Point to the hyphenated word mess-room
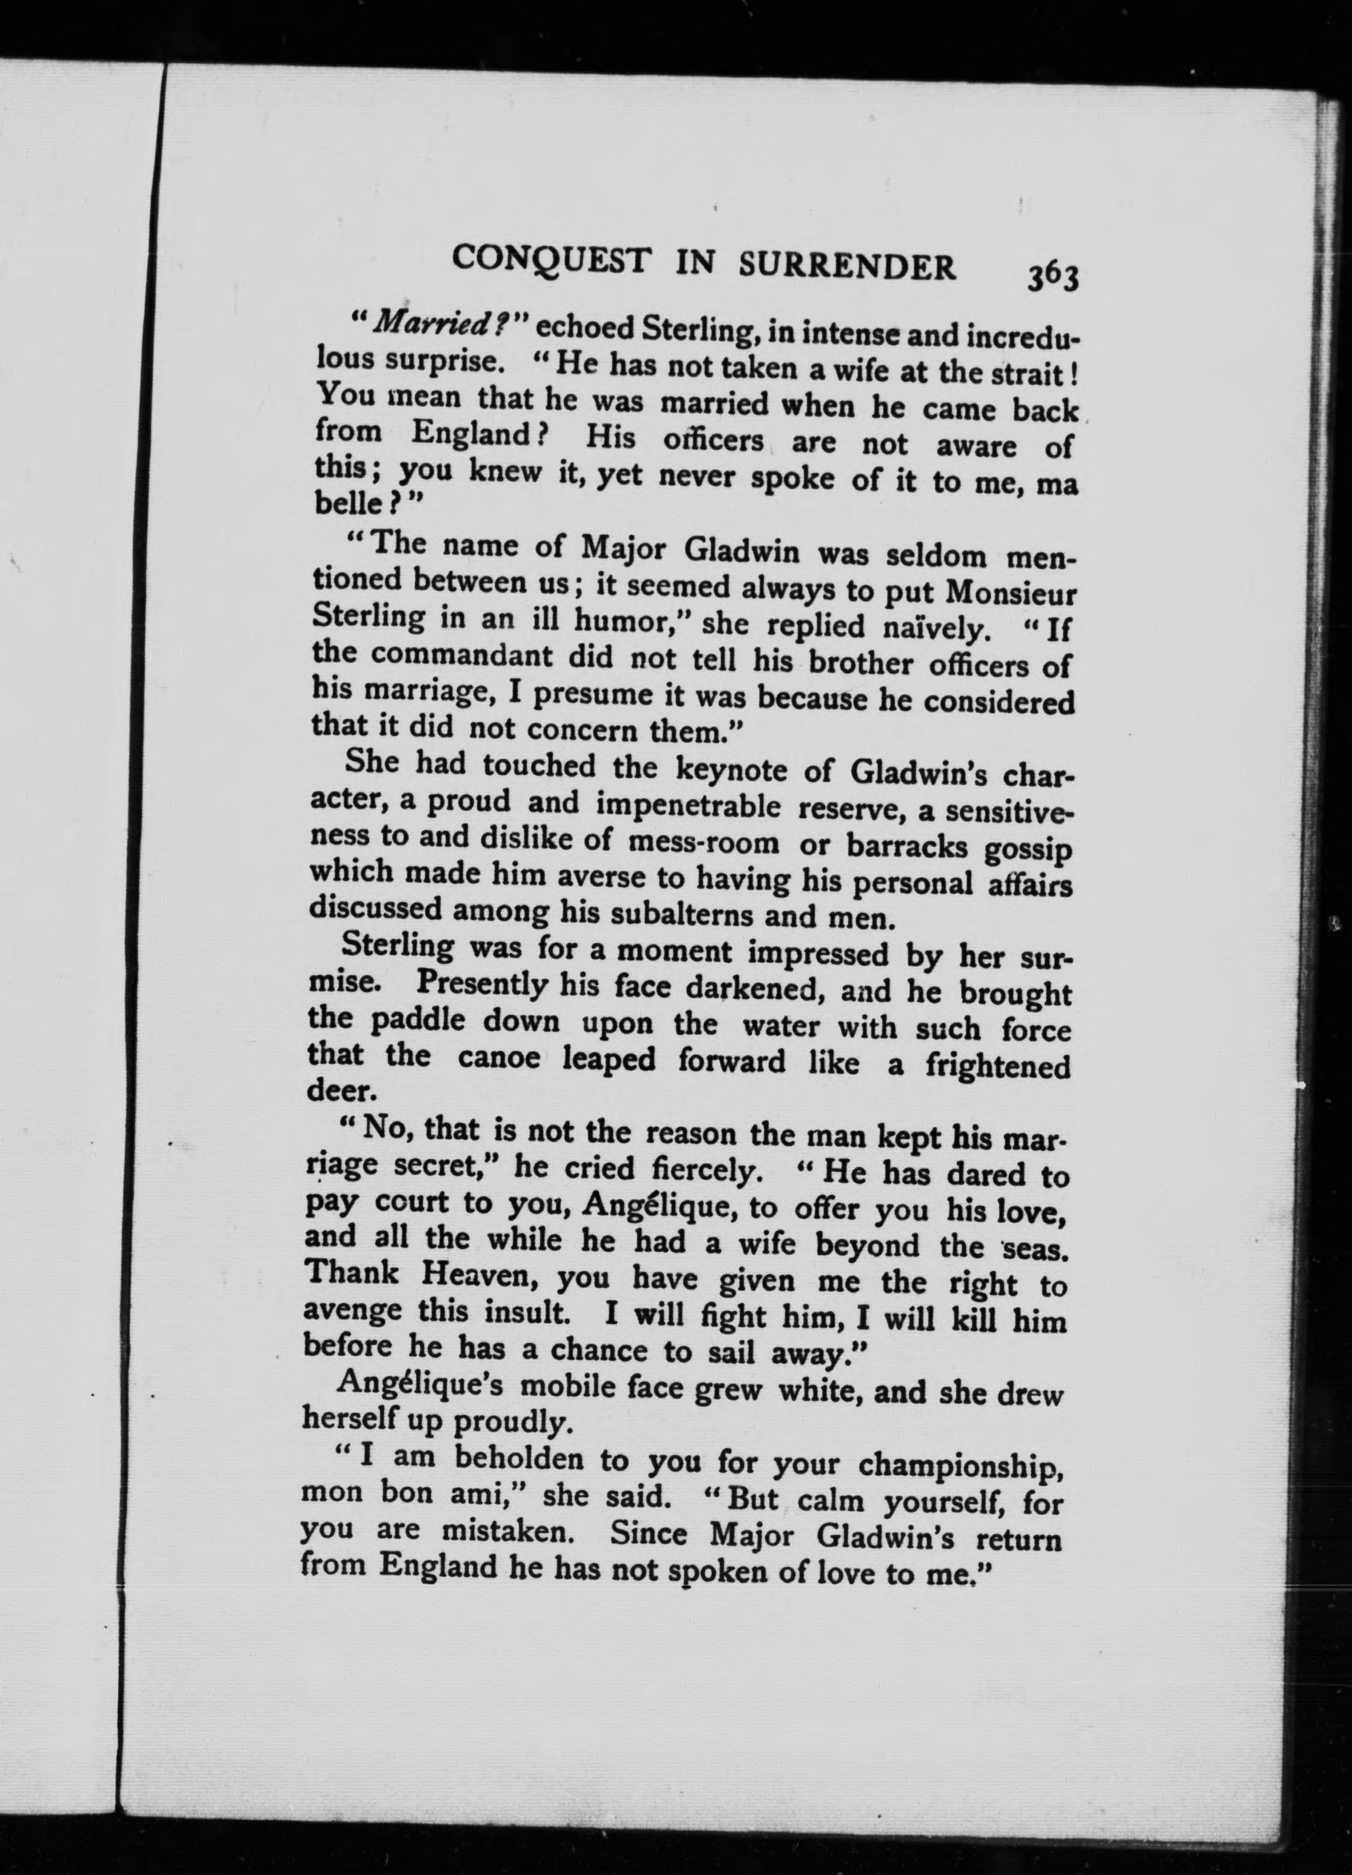pos(703,843)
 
